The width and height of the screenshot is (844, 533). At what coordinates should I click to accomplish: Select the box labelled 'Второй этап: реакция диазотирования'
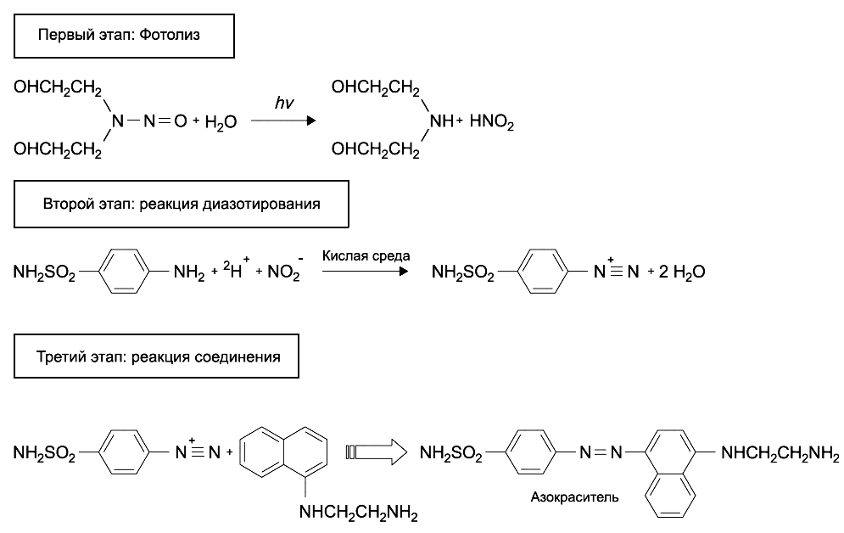(182, 205)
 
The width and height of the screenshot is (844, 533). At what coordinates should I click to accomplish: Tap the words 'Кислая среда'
(366, 255)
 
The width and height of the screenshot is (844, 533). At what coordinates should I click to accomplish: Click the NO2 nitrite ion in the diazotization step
(282, 272)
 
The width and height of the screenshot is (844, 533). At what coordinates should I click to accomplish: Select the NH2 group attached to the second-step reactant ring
(188, 273)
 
